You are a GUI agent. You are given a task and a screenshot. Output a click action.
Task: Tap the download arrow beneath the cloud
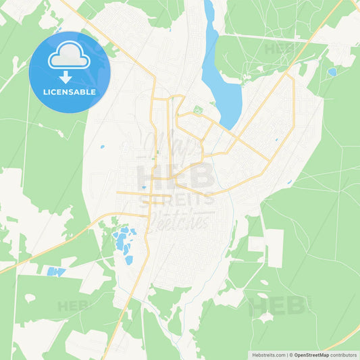70,78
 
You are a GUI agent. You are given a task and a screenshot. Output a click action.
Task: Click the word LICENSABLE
70,91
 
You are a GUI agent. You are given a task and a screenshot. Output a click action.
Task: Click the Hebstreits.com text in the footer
266,355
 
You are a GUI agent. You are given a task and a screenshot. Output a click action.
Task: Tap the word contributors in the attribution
343,355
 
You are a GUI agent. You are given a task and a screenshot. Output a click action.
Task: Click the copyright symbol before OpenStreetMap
291,355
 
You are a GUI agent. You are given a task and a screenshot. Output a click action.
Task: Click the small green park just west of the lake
198,109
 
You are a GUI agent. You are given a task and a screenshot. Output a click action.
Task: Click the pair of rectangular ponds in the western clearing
56,272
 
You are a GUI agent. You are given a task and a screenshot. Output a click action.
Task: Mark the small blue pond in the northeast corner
332,72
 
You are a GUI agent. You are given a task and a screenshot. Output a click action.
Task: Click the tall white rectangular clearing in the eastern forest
274,248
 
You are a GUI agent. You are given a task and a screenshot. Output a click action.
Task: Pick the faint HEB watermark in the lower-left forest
74,305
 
